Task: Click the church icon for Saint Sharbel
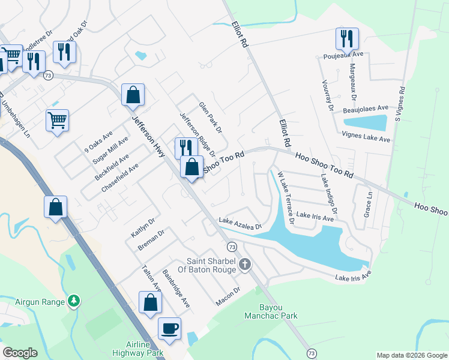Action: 244,265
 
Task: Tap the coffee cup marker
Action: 169,328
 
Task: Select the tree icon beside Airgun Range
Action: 74,300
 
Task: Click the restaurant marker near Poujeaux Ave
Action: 347,39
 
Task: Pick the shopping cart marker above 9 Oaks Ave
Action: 57,120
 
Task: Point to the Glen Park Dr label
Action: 211,117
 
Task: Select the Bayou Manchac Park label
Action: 273,311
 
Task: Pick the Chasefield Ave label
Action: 120,178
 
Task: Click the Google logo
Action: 20,353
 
